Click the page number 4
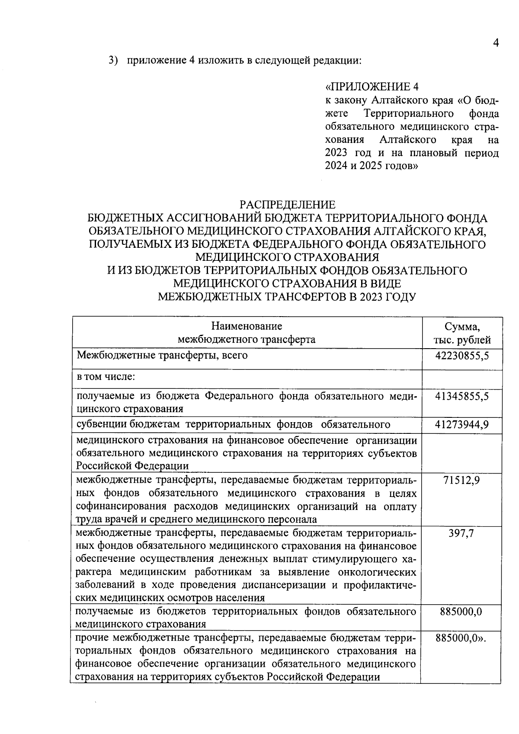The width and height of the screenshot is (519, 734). point(496,43)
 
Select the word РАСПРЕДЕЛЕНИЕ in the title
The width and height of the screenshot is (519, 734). point(288,205)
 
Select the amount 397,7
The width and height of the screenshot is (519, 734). point(461,533)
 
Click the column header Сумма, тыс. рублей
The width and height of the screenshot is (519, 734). point(462,333)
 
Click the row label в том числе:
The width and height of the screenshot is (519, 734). point(106,377)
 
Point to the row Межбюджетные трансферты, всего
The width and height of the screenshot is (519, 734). point(162,356)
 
